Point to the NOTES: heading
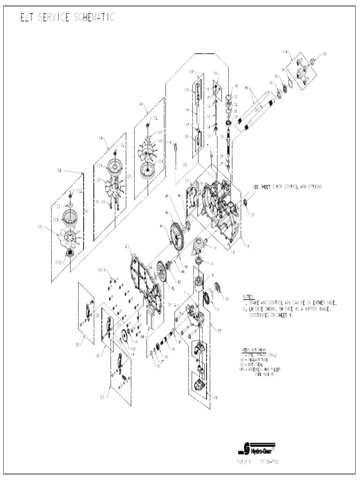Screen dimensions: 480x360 point(248,297)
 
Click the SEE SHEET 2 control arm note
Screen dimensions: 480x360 point(287,186)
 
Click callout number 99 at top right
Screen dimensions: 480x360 point(325,54)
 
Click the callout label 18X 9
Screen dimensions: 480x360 point(102,270)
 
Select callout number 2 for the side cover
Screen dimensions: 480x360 point(126,246)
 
